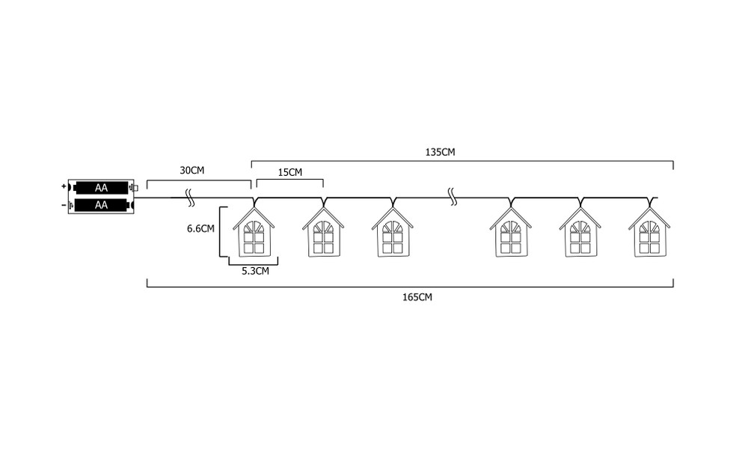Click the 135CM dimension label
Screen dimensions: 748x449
tap(440, 152)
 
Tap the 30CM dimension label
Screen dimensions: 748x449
tap(191, 171)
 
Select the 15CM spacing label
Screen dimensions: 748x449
tap(290, 172)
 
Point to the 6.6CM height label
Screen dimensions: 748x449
tap(200, 228)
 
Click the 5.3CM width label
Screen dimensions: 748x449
tap(255, 271)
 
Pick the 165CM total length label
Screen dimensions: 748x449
tap(417, 297)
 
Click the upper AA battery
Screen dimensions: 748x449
tap(101, 188)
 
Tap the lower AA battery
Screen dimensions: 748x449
tap(101, 205)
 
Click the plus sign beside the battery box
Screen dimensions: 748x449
tap(64, 186)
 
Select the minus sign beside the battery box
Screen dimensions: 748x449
tap(64, 205)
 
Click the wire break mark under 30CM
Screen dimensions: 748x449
tap(190, 198)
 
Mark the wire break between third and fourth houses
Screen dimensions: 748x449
tap(453, 197)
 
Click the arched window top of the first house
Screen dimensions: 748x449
tap(254, 227)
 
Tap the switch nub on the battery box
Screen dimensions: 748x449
tap(135, 188)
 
